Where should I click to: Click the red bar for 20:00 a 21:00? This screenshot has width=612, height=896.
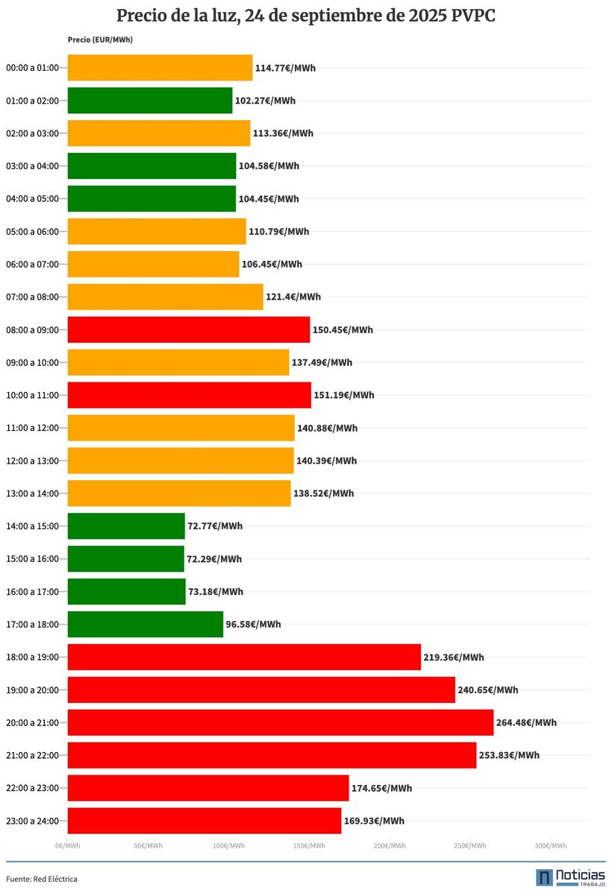(281, 722)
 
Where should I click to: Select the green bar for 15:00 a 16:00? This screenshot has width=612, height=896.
(125, 559)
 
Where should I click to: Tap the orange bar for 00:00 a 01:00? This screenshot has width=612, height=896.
(160, 68)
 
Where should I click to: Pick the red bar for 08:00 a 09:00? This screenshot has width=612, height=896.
(189, 329)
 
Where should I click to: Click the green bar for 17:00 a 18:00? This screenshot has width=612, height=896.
(146, 624)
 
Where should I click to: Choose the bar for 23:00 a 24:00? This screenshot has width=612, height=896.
(204, 821)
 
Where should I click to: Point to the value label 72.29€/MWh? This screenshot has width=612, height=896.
(214, 559)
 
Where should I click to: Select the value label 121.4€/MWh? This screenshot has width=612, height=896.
(293, 297)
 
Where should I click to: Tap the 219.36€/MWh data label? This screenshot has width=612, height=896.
(454, 657)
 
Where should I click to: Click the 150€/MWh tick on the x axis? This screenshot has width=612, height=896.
(309, 846)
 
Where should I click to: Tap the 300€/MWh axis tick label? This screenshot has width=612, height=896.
(551, 846)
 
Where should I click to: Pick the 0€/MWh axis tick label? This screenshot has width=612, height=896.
(67, 846)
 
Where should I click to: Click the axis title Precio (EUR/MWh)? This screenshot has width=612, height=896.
(100, 40)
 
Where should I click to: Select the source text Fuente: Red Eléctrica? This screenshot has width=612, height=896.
(42, 879)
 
